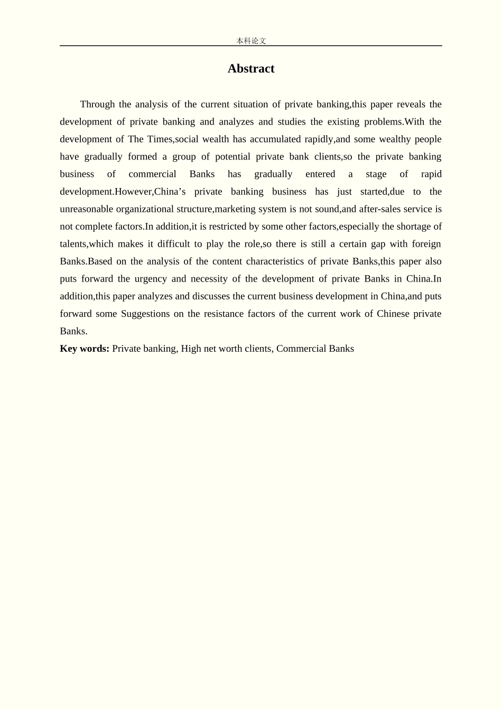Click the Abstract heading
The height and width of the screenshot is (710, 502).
(x=250, y=69)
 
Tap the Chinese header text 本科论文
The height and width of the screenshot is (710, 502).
(x=251, y=41)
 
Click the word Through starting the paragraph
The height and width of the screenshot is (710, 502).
(x=97, y=104)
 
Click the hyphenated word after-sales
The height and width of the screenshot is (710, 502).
(x=380, y=209)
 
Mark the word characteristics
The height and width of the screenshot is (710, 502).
(x=276, y=261)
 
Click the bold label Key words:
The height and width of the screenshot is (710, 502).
(x=85, y=348)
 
